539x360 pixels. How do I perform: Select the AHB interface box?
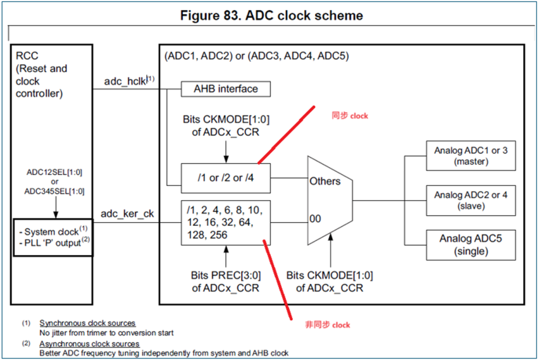coord(226,89)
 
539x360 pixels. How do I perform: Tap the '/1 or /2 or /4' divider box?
coord(226,178)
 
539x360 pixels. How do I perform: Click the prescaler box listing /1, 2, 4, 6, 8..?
coord(226,221)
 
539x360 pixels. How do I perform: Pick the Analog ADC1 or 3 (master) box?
coord(471,156)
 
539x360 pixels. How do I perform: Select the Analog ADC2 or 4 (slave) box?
coord(471,200)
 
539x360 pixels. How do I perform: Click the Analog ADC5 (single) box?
coord(471,245)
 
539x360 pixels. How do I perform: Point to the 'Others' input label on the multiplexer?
coord(325,181)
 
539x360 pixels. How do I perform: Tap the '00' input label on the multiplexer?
coord(315,219)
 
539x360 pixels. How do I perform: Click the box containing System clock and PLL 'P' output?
coord(53,237)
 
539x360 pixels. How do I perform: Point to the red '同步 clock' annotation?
coord(350,116)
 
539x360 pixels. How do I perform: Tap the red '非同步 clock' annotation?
coord(327,325)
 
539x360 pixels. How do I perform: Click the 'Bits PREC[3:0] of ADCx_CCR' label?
coord(226,282)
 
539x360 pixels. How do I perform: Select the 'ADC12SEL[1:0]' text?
coord(54,172)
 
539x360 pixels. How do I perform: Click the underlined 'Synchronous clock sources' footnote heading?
coord(87,324)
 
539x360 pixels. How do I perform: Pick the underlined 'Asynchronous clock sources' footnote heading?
coord(89,344)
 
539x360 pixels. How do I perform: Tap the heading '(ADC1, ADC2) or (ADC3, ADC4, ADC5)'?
coord(257,56)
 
